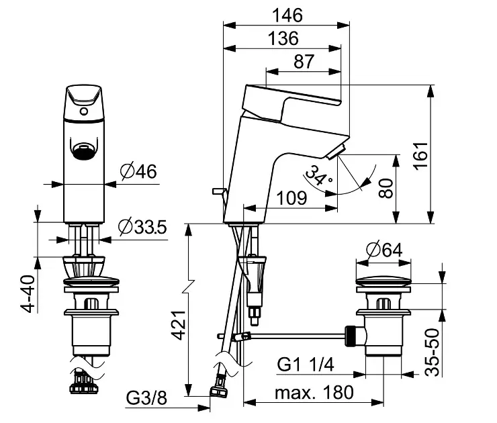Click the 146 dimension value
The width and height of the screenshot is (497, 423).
(x=287, y=15)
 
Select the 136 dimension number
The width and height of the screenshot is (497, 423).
(x=283, y=38)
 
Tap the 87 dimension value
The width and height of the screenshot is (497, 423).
(x=304, y=62)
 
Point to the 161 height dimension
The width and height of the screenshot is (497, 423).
(x=422, y=156)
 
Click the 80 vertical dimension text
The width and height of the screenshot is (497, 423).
(x=386, y=188)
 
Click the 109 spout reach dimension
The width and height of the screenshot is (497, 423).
(x=292, y=198)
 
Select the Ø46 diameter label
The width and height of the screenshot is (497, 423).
(x=138, y=171)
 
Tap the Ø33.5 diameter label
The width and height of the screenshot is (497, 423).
(x=142, y=227)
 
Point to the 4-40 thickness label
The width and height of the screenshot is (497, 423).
(x=28, y=294)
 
